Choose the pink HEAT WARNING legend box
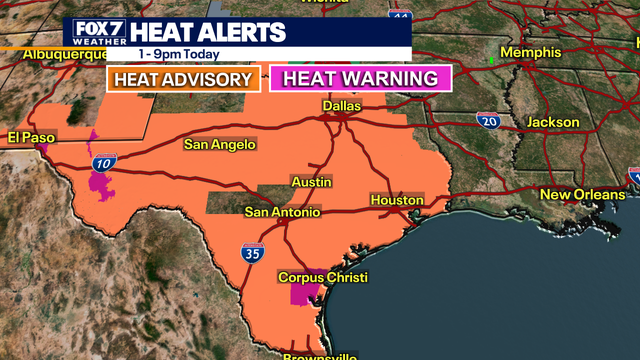pos(361,79)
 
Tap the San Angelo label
pos(220,145)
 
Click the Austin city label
pos(311,182)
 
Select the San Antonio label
pos(283,212)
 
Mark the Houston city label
pos(397,201)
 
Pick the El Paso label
pos(32,136)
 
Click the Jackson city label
pos(553,122)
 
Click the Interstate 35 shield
pos(252,254)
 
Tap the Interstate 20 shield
pos(488,120)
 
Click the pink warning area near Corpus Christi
pos(311,296)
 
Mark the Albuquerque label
pos(51,53)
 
